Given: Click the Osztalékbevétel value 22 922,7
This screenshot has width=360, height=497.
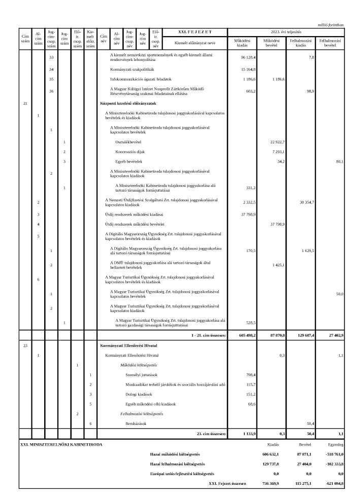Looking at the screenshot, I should [278, 142].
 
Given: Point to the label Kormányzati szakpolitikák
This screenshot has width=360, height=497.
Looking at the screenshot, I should [134, 69].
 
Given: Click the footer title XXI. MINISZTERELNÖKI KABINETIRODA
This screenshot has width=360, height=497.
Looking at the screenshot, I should [61, 444].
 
